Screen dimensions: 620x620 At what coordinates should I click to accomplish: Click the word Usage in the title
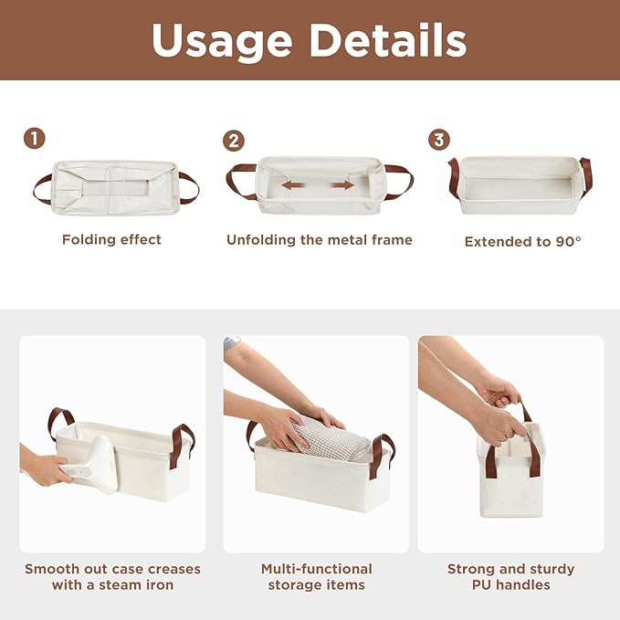point(222,40)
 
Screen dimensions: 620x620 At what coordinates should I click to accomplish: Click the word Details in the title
point(387,40)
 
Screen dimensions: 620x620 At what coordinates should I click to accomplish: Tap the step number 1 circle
point(34,139)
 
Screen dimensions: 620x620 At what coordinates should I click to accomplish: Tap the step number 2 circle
point(234,141)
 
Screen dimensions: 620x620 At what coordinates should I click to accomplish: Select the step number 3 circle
point(439,140)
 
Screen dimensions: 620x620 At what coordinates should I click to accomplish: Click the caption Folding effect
point(111,239)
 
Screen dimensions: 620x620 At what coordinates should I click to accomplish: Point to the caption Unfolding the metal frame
point(319,239)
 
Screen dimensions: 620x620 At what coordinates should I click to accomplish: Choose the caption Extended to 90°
point(522,242)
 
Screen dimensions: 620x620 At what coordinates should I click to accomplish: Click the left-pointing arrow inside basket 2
point(293,185)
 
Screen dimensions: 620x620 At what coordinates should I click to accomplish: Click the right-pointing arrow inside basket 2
point(342,185)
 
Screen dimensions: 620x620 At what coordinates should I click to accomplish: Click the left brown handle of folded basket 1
point(42,188)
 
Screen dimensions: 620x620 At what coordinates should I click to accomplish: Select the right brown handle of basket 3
point(585,175)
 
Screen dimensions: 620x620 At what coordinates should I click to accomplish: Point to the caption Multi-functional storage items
point(317,576)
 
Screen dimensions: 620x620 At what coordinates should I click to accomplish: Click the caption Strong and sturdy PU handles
point(510,576)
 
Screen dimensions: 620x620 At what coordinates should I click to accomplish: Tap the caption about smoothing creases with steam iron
point(112,576)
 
